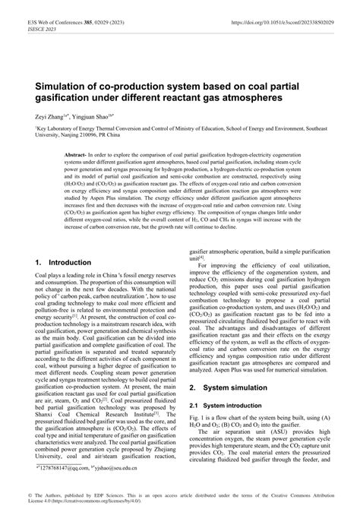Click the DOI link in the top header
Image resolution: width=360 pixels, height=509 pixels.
click(x=284, y=14)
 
